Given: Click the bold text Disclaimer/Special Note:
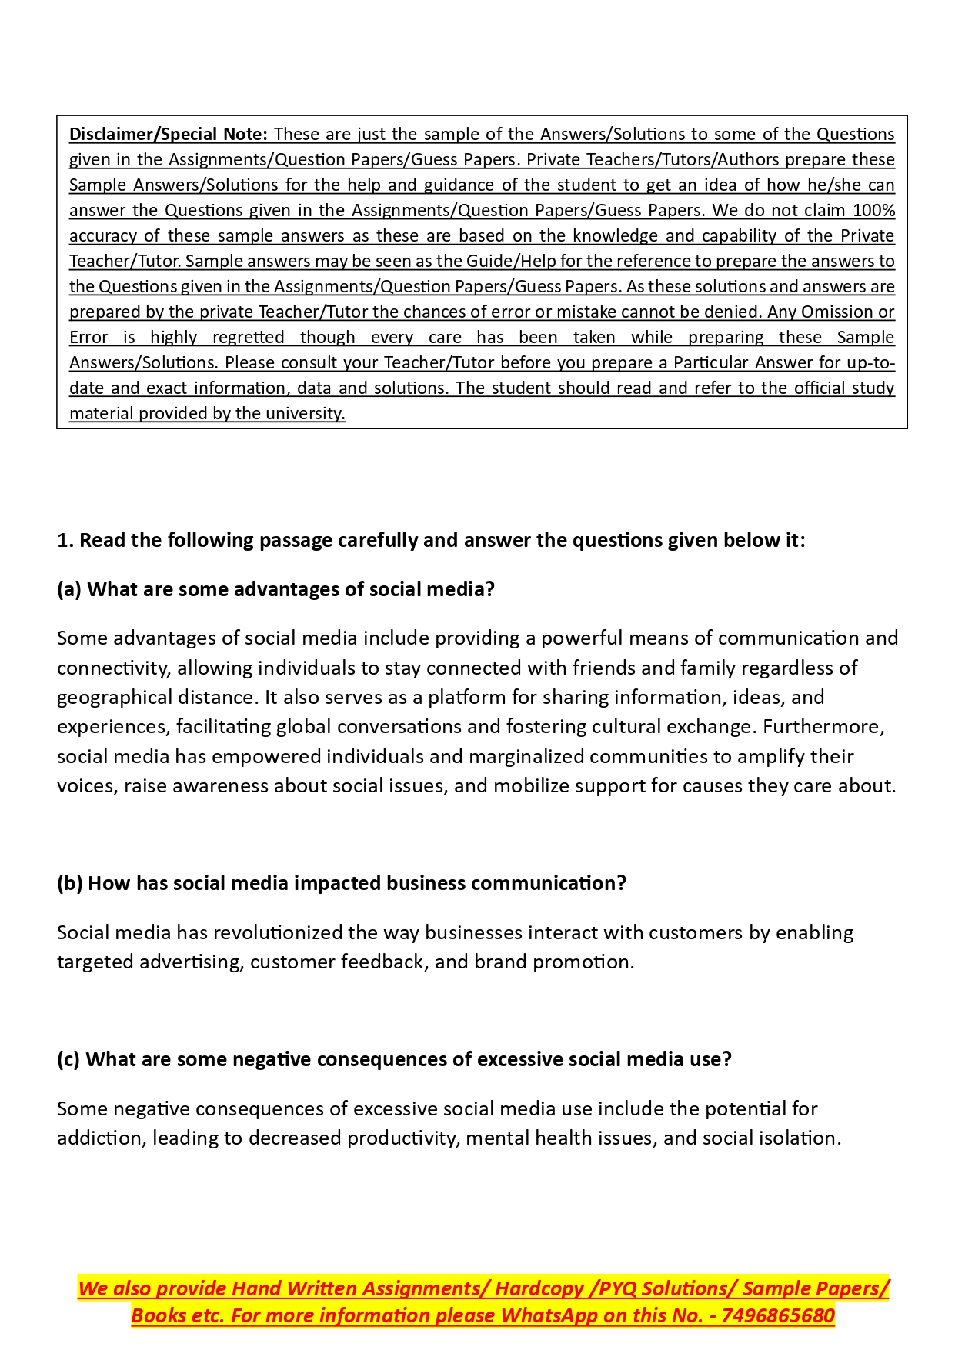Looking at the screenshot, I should tap(168, 134).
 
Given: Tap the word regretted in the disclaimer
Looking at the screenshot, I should tap(248, 337).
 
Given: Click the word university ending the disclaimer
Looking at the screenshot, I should tap(307, 413).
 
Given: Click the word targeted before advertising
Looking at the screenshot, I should tap(95, 962).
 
